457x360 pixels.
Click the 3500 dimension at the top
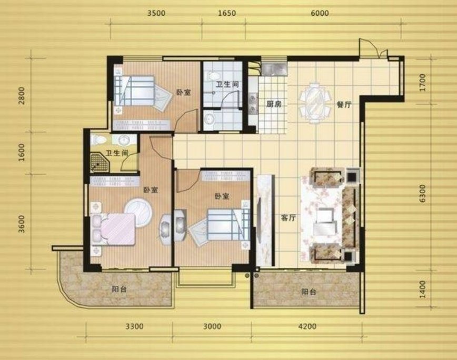pos(156,13)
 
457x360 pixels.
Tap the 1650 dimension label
pos(227,13)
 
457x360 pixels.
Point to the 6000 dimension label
pos(320,13)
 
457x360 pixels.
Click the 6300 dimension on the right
pos(423,194)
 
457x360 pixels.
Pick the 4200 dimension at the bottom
pos(307,326)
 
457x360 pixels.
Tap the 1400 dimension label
pos(423,289)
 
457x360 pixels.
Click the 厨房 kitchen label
pos(274,104)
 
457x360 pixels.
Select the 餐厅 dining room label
pos(344,105)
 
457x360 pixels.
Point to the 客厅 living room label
pos(289,217)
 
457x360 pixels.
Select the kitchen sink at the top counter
pos(274,69)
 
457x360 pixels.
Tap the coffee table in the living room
pos(325,222)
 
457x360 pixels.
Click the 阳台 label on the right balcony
pos(309,292)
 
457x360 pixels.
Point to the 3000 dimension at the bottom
pos(212,326)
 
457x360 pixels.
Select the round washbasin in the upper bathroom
pos(208,119)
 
